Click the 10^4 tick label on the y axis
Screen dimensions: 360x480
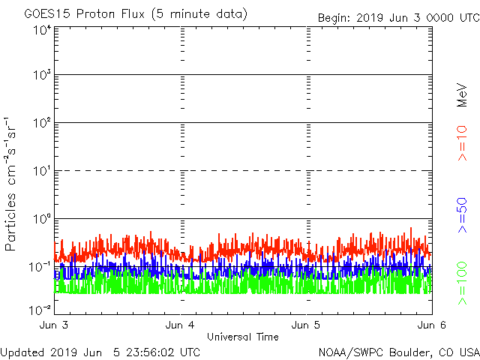41,30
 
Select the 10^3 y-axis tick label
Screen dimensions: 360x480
41,76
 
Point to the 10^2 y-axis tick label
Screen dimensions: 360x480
41,123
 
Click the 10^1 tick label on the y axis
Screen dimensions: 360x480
41,171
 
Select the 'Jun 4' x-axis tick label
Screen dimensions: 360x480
181,325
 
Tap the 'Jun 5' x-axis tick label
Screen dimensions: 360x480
306,325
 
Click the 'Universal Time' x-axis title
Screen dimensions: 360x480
242,337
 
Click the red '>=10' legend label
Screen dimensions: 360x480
463,142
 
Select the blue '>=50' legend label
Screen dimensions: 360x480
463,214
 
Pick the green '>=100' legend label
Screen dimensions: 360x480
463,283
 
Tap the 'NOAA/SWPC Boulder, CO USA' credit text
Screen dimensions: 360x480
398,352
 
